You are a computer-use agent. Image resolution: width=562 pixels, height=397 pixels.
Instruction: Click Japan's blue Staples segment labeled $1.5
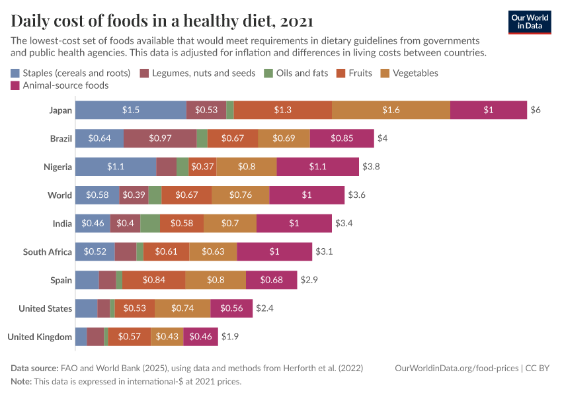[130, 110]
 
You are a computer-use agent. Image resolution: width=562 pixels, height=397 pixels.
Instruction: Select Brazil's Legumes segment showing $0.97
[159, 138]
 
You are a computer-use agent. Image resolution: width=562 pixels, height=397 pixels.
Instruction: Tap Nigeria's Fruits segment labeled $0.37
[202, 167]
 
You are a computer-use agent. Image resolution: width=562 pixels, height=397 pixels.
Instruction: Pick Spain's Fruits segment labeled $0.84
[153, 280]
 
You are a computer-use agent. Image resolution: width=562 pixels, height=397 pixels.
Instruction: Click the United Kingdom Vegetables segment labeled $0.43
[167, 337]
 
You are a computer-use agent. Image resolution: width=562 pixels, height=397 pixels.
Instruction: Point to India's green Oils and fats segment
[149, 224]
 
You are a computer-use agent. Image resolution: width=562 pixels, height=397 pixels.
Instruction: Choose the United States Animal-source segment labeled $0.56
[231, 308]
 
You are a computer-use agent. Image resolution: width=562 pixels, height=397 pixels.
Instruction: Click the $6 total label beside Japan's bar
[536, 110]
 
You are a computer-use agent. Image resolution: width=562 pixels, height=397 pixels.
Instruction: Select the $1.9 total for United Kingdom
[229, 337]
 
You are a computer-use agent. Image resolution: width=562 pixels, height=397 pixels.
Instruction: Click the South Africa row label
[48, 252]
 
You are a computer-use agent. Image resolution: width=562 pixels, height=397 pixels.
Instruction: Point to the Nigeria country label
[57, 167]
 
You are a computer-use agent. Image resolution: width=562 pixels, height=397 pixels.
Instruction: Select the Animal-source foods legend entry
[65, 85]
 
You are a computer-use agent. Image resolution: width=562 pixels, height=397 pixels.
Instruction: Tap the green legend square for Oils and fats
[268, 73]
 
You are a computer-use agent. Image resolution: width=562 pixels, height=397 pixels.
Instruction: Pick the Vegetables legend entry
[415, 73]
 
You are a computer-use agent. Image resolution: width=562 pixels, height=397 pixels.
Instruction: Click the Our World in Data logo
[530, 22]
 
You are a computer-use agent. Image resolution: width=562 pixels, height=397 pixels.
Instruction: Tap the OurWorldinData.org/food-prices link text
[456, 368]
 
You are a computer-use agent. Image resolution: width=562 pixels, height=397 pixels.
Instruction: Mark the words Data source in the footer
[34, 368]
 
